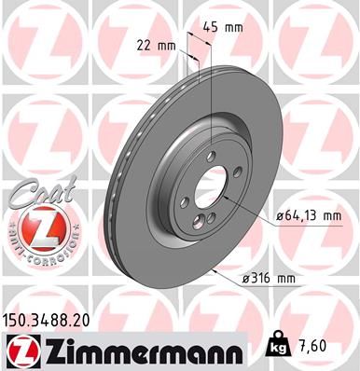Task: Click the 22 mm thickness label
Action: tap(156, 45)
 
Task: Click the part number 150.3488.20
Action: tap(48, 319)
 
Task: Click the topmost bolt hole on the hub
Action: tap(212, 155)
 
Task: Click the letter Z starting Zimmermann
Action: tap(53, 350)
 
